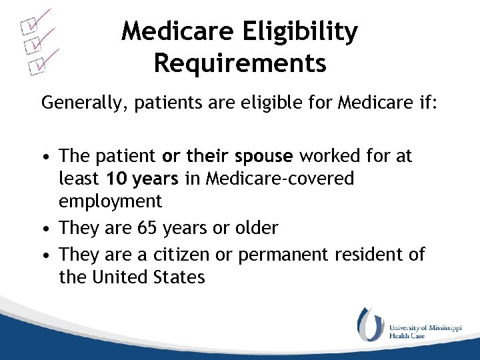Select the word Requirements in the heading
(239, 63)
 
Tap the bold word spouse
(263, 156)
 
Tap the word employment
(110, 201)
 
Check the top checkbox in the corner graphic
(28, 27)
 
